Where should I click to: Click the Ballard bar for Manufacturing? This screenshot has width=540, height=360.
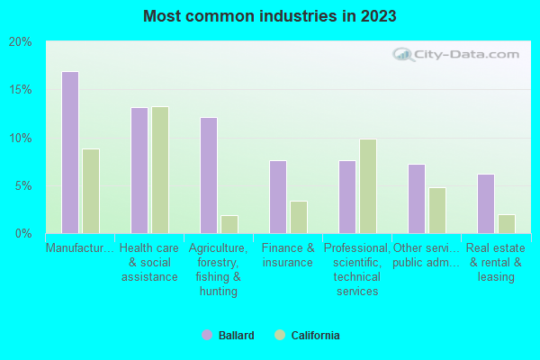pyautogui.click(x=69, y=153)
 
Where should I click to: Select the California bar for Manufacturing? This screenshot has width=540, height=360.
pyautogui.click(x=91, y=192)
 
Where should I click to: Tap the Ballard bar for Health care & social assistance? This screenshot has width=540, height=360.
pyautogui.click(x=139, y=171)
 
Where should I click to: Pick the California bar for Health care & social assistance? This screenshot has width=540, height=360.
pyautogui.click(x=160, y=170)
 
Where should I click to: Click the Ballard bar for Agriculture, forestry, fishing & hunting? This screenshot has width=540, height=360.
pyautogui.click(x=208, y=175)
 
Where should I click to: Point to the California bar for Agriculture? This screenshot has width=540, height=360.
pyautogui.click(x=229, y=224)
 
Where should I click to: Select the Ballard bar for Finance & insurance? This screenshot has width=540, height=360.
pyautogui.click(x=278, y=197)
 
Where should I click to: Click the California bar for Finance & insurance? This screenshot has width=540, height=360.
pyautogui.click(x=299, y=217)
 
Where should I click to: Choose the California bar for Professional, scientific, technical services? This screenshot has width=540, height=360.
pyautogui.click(x=368, y=186)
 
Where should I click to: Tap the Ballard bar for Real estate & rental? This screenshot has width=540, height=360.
pyautogui.click(x=486, y=203)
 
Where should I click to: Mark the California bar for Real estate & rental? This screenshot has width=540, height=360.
pyautogui.click(x=507, y=224)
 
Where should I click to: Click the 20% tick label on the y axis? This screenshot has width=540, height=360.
pyautogui.click(x=20, y=42)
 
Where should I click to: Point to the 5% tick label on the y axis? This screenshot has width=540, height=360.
pyautogui.click(x=22, y=186)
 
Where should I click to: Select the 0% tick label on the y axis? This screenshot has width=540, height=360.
pyautogui.click(x=22, y=234)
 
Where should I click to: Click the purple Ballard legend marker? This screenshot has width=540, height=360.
pyautogui.click(x=207, y=336)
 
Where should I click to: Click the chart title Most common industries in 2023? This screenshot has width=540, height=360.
pyautogui.click(x=269, y=16)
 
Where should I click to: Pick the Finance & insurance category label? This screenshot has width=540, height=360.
pyautogui.click(x=288, y=256)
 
